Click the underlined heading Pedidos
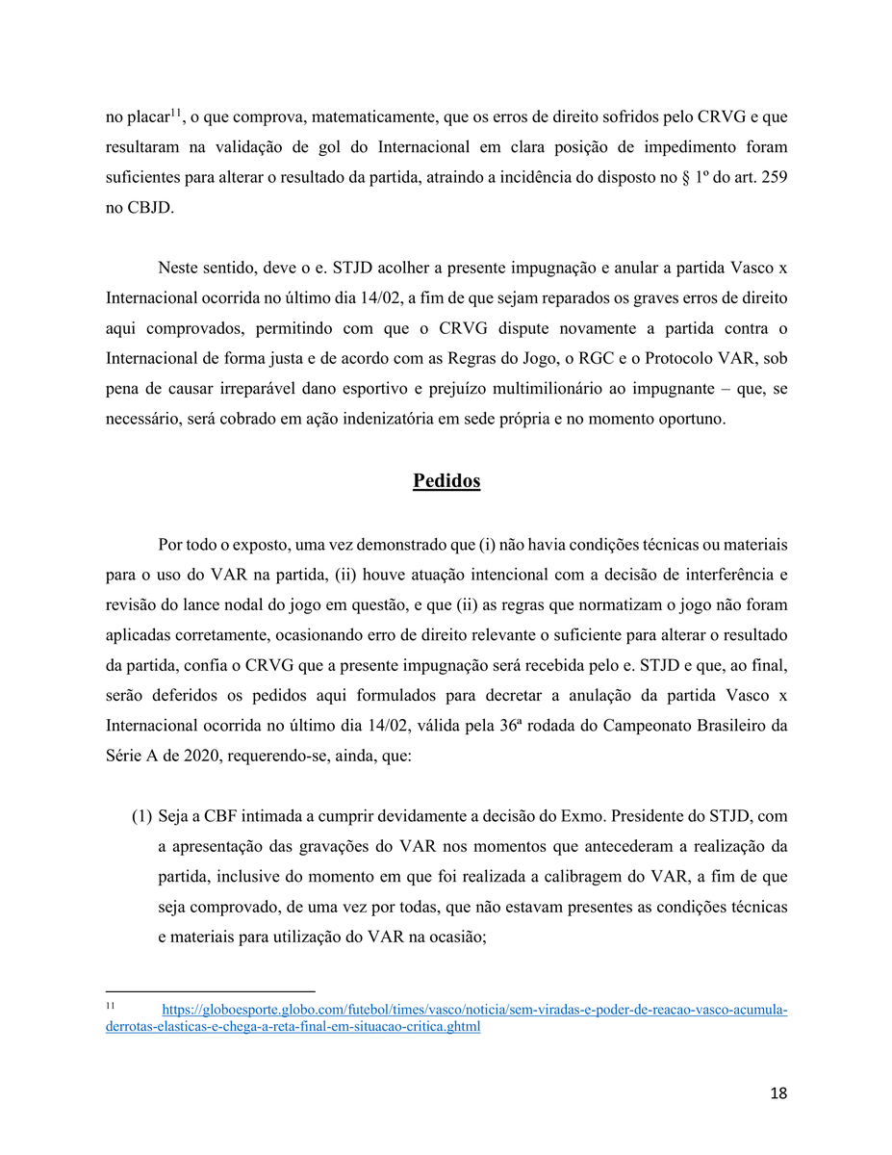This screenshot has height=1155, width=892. pos(446,481)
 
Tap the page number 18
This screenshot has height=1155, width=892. pos(778,1093)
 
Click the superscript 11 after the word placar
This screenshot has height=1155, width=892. pos(176,114)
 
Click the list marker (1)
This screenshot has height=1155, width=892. pos(141,817)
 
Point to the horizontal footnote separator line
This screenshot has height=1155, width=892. pos(210,991)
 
